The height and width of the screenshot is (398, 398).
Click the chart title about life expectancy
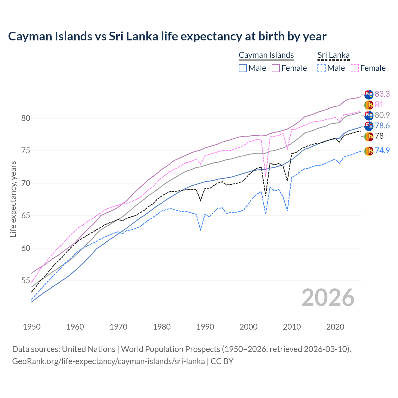[x=167, y=36]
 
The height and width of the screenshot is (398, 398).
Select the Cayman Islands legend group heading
[x=266, y=55]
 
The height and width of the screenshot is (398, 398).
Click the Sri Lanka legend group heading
[x=333, y=55]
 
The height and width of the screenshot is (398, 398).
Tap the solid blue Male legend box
[x=243, y=68]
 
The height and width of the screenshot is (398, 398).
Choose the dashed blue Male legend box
[x=322, y=68]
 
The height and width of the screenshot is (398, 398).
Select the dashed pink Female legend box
[x=355, y=68]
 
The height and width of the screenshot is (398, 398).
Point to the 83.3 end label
[x=382, y=94]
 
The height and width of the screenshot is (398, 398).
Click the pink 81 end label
[x=379, y=104]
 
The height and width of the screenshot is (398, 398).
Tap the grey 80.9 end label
[x=382, y=115]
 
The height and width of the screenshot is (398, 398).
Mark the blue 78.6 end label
[x=382, y=126]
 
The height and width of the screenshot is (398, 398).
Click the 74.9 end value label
[x=382, y=151]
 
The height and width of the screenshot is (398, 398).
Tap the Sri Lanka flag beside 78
[x=369, y=136]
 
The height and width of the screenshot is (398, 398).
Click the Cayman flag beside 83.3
[x=369, y=94]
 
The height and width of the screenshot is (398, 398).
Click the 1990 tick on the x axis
[x=205, y=327]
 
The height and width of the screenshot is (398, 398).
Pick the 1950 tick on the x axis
[x=32, y=327]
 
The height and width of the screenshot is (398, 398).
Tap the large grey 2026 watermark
[x=328, y=298]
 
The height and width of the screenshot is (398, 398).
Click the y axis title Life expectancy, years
[x=13, y=199]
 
